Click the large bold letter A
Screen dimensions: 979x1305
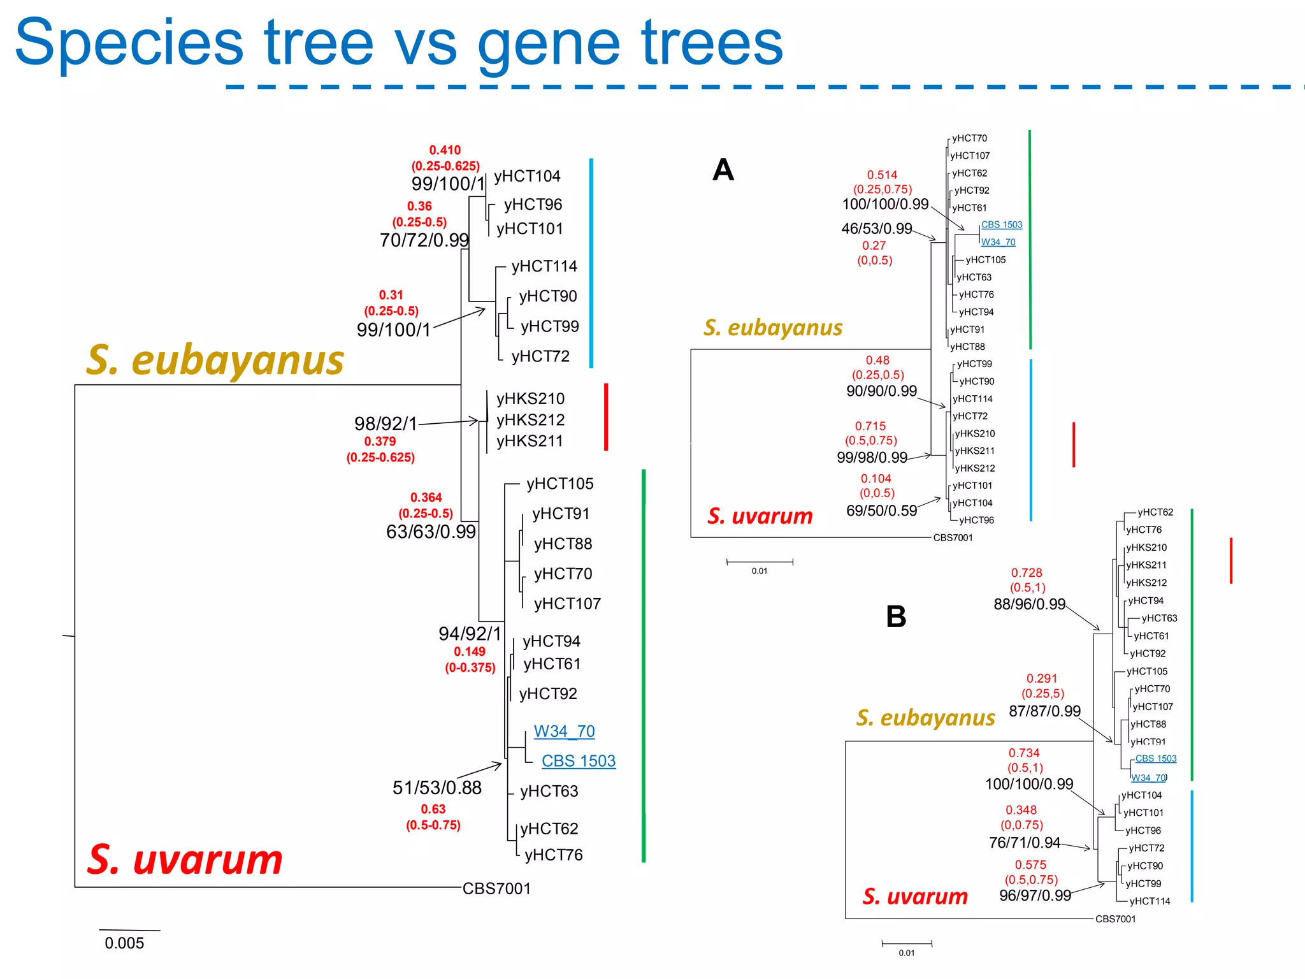pyautogui.click(x=723, y=170)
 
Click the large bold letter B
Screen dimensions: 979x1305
pyautogui.click(x=896, y=617)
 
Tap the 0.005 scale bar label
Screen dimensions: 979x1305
pyautogui.click(x=124, y=943)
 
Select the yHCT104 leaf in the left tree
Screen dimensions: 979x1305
pyautogui.click(x=527, y=177)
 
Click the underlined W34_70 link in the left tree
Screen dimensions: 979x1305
pyautogui.click(x=564, y=731)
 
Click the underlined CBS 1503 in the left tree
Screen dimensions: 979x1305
pyautogui.click(x=579, y=761)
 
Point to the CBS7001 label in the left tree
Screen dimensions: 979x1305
pyautogui.click(x=496, y=888)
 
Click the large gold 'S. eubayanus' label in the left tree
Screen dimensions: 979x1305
pyautogui.click(x=215, y=361)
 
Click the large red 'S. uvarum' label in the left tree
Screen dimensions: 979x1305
pyautogui.click(x=185, y=860)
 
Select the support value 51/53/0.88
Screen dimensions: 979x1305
pyautogui.click(x=437, y=788)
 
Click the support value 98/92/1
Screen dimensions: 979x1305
pyautogui.click(x=386, y=424)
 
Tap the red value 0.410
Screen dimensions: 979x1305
pyautogui.click(x=445, y=150)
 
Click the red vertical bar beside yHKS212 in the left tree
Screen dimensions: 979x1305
pyautogui.click(x=606, y=417)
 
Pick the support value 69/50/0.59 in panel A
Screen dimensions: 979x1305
pyautogui.click(x=881, y=511)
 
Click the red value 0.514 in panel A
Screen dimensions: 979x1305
pyautogui.click(x=882, y=175)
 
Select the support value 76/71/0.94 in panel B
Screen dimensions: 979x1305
pyautogui.click(x=1024, y=843)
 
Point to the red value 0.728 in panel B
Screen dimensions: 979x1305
pyautogui.click(x=1027, y=573)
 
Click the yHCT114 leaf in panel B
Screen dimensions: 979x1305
pyautogui.click(x=1150, y=901)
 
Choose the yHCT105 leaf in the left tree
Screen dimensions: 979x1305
pyautogui.click(x=559, y=484)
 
